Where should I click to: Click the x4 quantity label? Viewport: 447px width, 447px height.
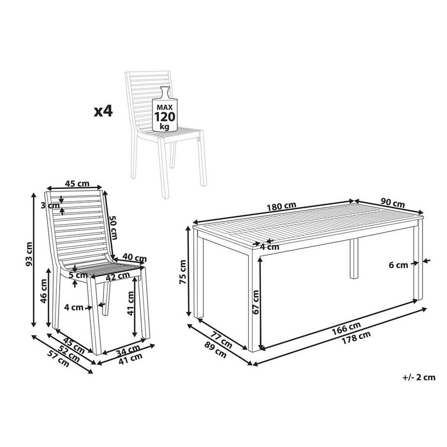(x=103, y=112)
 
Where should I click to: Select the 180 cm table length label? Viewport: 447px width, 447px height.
(x=281, y=205)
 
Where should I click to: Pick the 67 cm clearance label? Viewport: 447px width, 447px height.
(x=257, y=302)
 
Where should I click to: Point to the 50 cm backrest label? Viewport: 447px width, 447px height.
(x=113, y=226)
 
